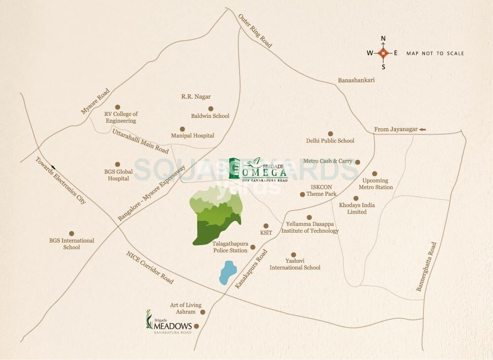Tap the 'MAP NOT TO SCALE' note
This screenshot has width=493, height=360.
(x=435, y=53)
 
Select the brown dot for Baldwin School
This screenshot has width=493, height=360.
(x=211, y=108)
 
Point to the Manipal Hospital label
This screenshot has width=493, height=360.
(x=192, y=136)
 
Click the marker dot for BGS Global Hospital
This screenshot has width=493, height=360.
(x=117, y=164)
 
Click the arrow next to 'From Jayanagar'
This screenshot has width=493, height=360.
(x=422, y=129)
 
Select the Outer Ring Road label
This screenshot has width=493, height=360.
(x=255, y=31)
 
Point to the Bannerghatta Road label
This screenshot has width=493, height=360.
(x=426, y=266)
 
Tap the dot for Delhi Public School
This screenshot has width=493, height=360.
(x=330, y=133)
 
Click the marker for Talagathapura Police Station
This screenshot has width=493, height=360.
(x=253, y=247)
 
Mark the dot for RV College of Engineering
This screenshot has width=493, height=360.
(x=117, y=107)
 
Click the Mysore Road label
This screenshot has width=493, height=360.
(x=95, y=102)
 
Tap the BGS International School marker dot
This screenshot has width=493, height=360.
(x=71, y=233)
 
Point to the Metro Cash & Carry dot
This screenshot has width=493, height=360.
(x=358, y=162)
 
